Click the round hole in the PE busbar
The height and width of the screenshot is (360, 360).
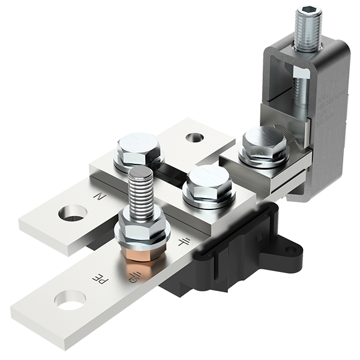point(70,299)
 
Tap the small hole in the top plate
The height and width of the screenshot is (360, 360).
point(194,137)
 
